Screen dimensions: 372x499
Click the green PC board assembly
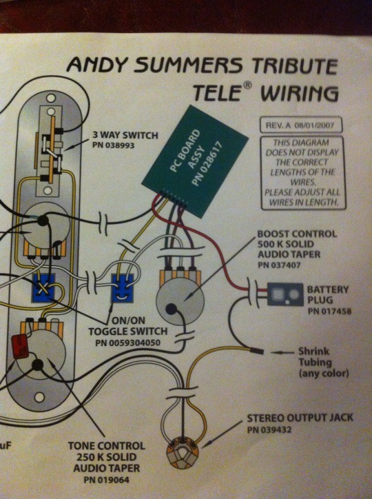click(195, 161)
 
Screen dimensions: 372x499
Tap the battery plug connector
click(285, 294)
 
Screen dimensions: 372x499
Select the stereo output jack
click(182, 453)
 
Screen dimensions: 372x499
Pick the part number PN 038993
click(113, 145)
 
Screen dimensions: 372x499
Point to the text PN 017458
click(330, 310)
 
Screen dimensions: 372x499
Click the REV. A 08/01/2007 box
click(301, 125)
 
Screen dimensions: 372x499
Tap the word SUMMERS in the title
click(188, 65)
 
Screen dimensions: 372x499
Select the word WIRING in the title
click(299, 93)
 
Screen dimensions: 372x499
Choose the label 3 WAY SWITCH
click(125, 135)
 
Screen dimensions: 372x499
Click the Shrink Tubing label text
click(323, 362)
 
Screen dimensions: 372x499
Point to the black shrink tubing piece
click(258, 352)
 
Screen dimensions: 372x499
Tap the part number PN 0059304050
click(127, 343)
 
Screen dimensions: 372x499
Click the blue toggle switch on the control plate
click(43, 288)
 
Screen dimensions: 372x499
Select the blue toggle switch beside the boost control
click(122, 289)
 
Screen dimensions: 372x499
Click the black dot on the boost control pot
click(172, 308)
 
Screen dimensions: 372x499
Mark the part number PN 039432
click(269, 430)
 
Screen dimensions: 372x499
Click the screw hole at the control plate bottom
click(39, 397)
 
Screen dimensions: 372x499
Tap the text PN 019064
click(107, 480)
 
